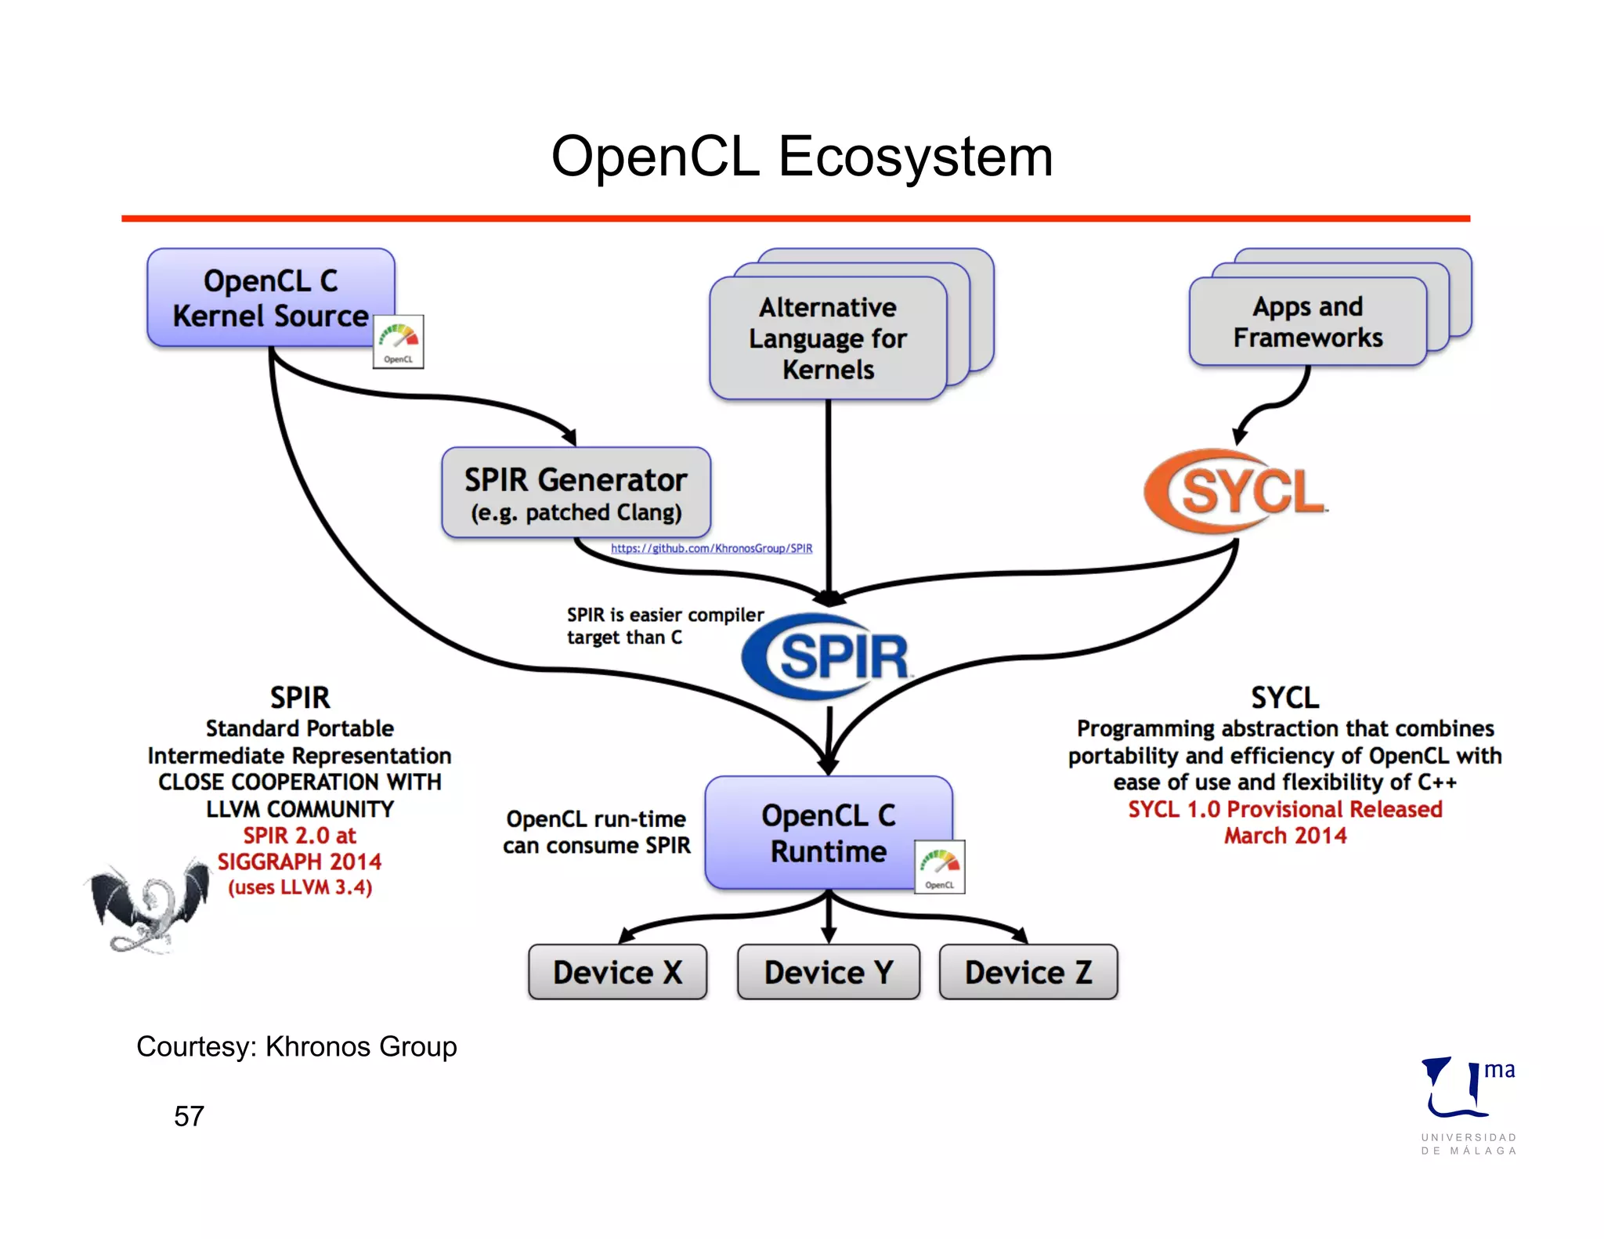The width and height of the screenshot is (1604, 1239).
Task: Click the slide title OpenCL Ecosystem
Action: pos(801,157)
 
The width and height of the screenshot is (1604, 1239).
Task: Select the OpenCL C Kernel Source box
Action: pos(270,298)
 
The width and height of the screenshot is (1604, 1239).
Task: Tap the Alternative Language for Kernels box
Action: pos(828,338)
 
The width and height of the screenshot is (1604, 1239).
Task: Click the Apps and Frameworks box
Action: pos(1307,322)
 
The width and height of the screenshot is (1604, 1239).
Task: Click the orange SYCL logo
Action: pos(1236,492)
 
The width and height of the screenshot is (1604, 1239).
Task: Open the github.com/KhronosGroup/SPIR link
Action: pos(711,548)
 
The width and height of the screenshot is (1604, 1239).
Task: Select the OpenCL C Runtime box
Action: pos(828,833)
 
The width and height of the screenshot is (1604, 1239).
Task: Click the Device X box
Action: pos(617,972)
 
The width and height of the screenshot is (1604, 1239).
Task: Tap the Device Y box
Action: pos(828,972)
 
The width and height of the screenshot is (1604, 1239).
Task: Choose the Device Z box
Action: pos(1028,972)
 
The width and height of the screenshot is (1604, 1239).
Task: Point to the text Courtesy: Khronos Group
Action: pos(296,1046)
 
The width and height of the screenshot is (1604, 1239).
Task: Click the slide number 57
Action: pos(189,1116)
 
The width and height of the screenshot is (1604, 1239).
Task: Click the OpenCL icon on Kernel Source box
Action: pos(398,341)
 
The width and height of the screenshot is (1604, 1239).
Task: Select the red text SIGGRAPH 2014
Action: pos(299,862)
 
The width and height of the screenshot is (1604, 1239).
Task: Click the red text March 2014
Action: pos(1284,836)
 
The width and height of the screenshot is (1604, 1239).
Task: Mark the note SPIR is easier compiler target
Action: pos(664,626)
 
